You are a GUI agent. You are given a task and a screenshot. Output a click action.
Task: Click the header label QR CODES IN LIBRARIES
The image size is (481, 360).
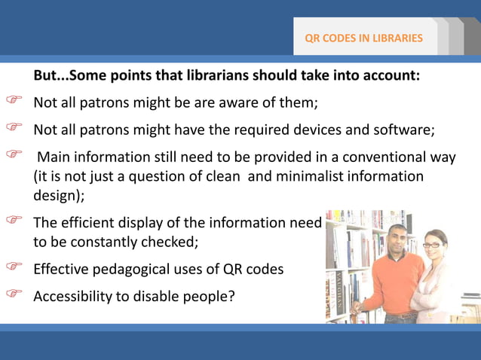click(363, 38)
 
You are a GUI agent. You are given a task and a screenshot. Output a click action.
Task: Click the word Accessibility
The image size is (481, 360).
click(72, 295)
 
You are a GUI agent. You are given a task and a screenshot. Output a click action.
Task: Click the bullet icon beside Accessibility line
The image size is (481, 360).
click(14, 293)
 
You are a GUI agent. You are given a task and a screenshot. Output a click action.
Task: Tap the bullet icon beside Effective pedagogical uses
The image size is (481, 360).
click(14, 266)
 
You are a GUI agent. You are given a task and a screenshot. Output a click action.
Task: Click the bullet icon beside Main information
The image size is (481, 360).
click(14, 154)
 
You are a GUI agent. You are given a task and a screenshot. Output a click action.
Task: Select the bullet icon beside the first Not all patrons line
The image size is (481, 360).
click(14, 99)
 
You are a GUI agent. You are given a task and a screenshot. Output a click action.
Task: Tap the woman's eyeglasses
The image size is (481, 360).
click(430, 246)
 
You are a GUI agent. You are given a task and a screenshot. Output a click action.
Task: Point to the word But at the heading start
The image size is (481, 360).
click(45, 76)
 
